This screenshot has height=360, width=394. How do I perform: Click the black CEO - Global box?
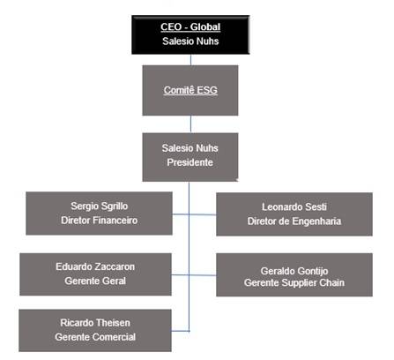click(x=190, y=34)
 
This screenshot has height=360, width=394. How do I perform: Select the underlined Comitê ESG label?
click(x=190, y=90)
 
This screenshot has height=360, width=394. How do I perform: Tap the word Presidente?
click(x=190, y=162)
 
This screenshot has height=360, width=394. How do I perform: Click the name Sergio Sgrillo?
click(x=100, y=206)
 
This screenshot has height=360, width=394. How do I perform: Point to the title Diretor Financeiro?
click(x=100, y=221)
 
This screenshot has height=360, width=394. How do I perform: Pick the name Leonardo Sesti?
click(x=294, y=206)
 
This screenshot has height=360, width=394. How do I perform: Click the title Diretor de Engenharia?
click(x=294, y=221)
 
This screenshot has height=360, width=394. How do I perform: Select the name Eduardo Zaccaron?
click(x=95, y=266)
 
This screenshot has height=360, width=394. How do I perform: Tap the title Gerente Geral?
click(x=95, y=281)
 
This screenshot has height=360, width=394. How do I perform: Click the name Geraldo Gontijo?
click(x=294, y=271)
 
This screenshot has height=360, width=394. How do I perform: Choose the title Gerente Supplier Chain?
click(x=294, y=282)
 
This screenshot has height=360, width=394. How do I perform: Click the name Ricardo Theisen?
click(x=95, y=323)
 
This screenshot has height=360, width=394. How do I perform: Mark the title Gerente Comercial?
click(x=95, y=337)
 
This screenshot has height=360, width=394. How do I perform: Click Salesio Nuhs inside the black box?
click(x=190, y=41)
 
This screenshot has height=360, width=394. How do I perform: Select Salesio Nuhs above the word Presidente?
click(x=190, y=148)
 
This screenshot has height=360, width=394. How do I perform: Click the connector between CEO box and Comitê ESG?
click(x=190, y=60)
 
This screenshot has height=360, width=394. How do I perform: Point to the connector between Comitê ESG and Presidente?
click(x=190, y=124)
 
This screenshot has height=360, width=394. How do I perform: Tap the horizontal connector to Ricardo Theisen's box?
click(x=180, y=331)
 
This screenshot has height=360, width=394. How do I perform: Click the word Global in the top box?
click(x=205, y=26)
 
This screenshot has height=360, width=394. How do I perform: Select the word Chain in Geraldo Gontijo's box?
click(x=332, y=282)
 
